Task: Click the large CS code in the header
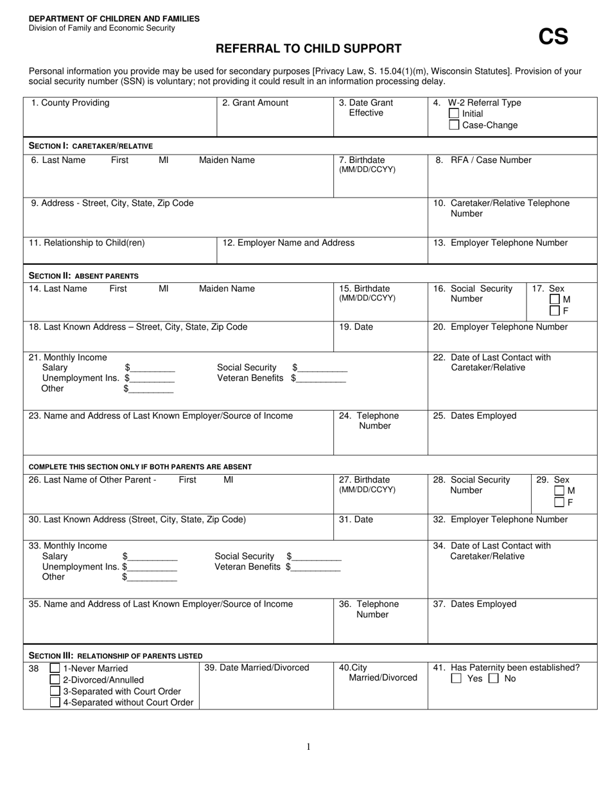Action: [x=553, y=37]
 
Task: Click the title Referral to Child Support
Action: [x=308, y=49]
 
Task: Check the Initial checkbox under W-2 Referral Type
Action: [x=455, y=114]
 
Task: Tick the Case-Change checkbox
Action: [x=455, y=125]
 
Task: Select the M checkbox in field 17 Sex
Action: [x=555, y=300]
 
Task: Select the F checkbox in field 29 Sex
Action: [x=559, y=502]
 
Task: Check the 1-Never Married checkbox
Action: [x=55, y=668]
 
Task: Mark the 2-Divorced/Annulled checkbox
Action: [x=55, y=680]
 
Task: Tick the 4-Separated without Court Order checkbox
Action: [x=55, y=702]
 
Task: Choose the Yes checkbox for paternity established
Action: [x=457, y=679]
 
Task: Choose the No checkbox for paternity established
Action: [x=494, y=679]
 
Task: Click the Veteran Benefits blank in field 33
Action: [x=316, y=567]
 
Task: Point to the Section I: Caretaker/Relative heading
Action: [x=91, y=146]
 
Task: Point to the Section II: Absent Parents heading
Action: [x=83, y=276]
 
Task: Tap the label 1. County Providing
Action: [x=70, y=103]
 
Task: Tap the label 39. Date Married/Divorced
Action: [x=257, y=668]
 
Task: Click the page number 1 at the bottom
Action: [x=308, y=746]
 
